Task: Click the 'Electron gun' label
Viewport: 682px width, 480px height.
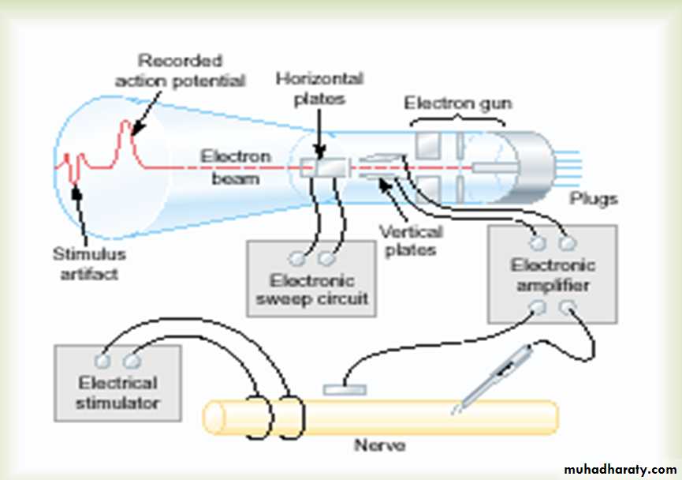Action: [457, 103]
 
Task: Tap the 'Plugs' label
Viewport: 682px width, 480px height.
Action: [594, 199]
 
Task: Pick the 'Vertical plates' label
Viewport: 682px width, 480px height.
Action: [410, 241]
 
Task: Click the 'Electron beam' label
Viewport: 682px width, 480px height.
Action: [235, 167]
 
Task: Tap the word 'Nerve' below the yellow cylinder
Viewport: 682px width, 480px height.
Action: [380, 446]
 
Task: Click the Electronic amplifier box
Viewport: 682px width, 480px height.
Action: [552, 273]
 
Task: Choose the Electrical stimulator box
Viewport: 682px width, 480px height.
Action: [117, 382]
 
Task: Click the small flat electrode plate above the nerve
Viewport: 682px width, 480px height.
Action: [345, 389]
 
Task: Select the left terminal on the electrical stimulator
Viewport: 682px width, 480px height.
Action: [102, 360]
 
